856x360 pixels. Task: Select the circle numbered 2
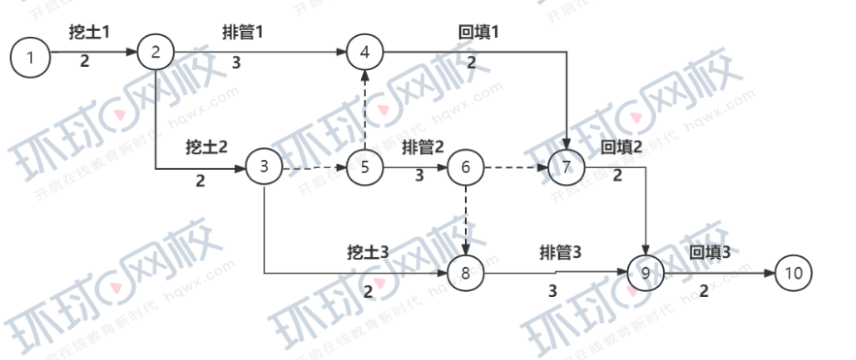point(155,51)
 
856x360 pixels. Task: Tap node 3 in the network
point(263,167)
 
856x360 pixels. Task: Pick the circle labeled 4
point(365,51)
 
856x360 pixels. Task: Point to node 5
point(365,168)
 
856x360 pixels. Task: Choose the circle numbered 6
point(466,168)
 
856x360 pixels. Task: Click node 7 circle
point(566,168)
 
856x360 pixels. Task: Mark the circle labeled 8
point(466,274)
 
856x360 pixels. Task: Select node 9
point(645,274)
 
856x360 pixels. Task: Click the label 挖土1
point(88,32)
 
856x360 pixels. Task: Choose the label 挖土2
point(206,147)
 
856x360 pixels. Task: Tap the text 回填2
point(622,147)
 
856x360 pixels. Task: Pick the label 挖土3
point(368,252)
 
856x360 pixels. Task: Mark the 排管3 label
point(560,252)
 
